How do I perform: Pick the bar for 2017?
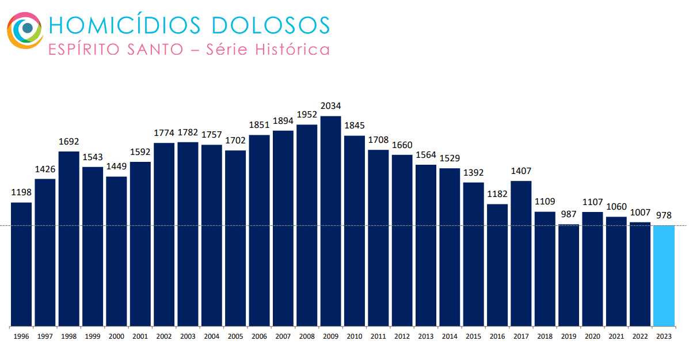[x=521, y=253]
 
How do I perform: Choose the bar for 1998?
[x=69, y=238]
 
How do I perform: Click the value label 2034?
[x=331, y=106]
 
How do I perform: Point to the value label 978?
[x=664, y=215]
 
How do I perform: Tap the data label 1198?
[x=21, y=192]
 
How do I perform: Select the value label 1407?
[x=521, y=171]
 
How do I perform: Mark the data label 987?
[x=569, y=214]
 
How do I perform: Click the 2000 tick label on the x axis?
[x=116, y=336]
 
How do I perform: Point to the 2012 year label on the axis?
[x=402, y=336]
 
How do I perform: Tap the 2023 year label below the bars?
[x=664, y=336]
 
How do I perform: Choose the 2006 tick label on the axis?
[x=259, y=336]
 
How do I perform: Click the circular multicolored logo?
[x=25, y=30]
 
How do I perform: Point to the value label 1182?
[x=497, y=194]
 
